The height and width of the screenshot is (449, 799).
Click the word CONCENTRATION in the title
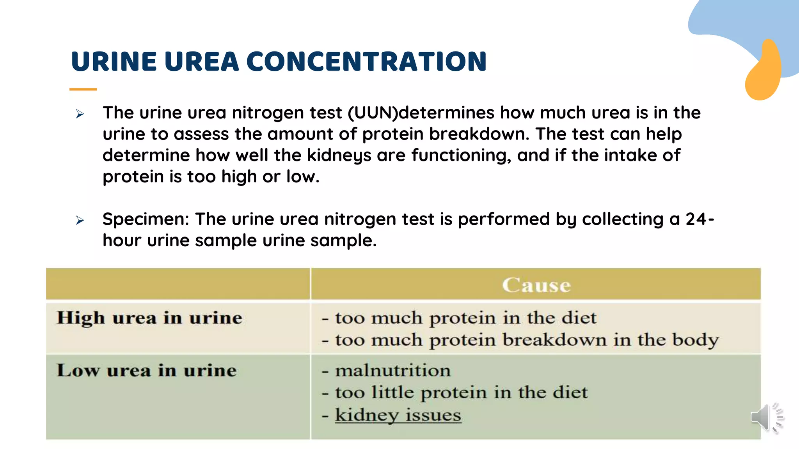pyautogui.click(x=366, y=62)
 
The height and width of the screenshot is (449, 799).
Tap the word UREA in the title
pyautogui.click(x=201, y=62)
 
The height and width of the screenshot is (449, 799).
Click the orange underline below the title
pyautogui.click(x=83, y=89)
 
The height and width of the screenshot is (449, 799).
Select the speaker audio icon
pyautogui.click(x=767, y=418)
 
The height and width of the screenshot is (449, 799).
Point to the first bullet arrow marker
pyautogui.click(x=80, y=114)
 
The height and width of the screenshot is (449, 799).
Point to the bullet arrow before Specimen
pyautogui.click(x=80, y=220)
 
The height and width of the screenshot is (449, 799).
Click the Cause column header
pyautogui.click(x=536, y=285)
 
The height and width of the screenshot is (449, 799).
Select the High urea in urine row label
pyautogui.click(x=149, y=318)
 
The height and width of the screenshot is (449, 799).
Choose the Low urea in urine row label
pyautogui.click(x=147, y=370)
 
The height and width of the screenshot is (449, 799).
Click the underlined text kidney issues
pyautogui.click(x=398, y=415)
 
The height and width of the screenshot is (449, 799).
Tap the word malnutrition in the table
pyautogui.click(x=393, y=370)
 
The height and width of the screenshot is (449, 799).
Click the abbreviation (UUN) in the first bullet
pyautogui.click(x=373, y=113)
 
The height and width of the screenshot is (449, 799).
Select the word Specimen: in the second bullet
pyautogui.click(x=146, y=219)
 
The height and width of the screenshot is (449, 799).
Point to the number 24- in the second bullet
pyautogui.click(x=700, y=219)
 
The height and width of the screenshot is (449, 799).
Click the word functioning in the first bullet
pyautogui.click(x=461, y=156)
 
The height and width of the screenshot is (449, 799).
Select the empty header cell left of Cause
pyautogui.click(x=178, y=284)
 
